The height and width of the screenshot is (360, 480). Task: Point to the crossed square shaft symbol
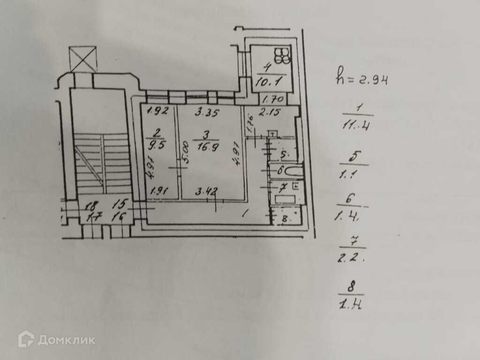82,59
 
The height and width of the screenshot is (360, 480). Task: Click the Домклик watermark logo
56,339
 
